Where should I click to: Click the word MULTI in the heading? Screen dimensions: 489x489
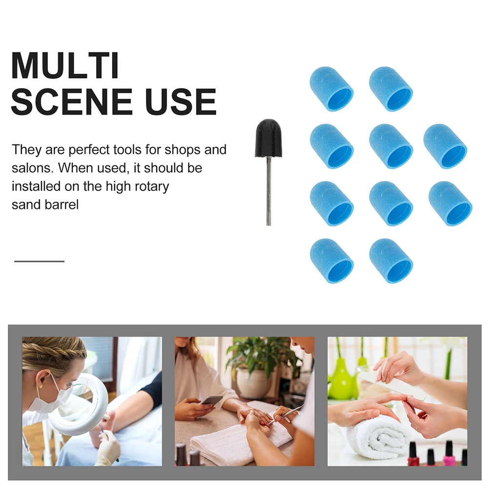[x=65, y=65]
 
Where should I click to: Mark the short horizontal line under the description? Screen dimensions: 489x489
[x=40, y=261]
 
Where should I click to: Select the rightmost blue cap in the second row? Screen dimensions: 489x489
[x=445, y=146]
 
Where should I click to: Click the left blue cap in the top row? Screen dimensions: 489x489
[x=331, y=89]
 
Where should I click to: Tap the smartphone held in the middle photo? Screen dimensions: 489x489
[x=212, y=400]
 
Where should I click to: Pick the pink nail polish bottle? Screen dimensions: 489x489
[x=448, y=454]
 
